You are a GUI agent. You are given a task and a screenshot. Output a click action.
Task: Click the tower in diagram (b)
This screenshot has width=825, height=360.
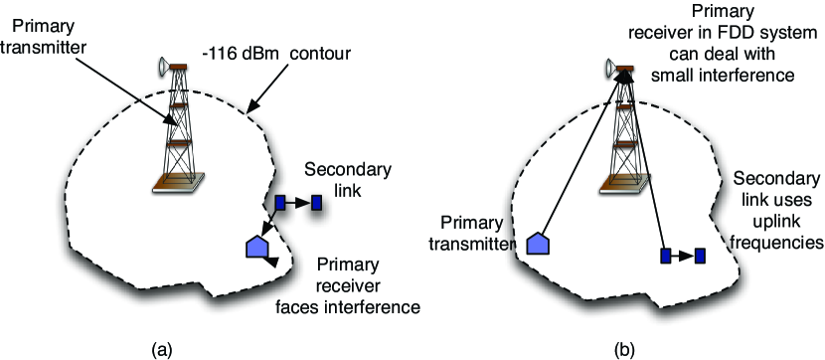click(x=623, y=129)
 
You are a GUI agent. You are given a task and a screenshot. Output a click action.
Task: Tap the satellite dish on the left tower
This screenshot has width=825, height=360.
click(x=160, y=68)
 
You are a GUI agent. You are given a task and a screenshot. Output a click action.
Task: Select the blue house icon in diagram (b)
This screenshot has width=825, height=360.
click(x=537, y=244)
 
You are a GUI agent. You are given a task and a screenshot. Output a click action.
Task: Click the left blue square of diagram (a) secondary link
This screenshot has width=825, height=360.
click(x=280, y=203)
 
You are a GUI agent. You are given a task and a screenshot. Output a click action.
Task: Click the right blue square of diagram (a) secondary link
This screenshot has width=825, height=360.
click(x=316, y=203)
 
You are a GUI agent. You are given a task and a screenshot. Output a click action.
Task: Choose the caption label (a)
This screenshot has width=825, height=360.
click(x=161, y=349)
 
